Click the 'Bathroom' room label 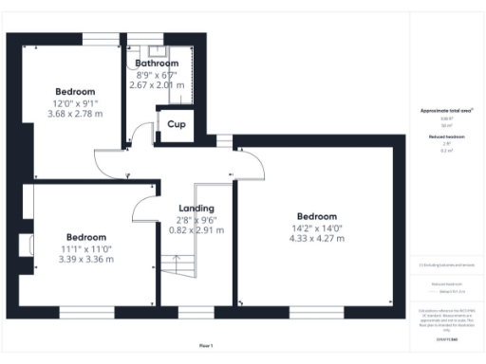tap(157, 64)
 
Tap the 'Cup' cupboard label tap(177, 124)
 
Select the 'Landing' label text tap(196, 208)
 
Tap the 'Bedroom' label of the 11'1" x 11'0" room tap(85, 237)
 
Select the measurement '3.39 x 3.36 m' tap(85, 259)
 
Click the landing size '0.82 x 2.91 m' tap(196, 229)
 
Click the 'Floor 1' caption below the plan tap(207, 345)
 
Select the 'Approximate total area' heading tap(446, 111)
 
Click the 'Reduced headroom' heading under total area tap(446, 137)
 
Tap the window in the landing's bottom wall tap(196, 311)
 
